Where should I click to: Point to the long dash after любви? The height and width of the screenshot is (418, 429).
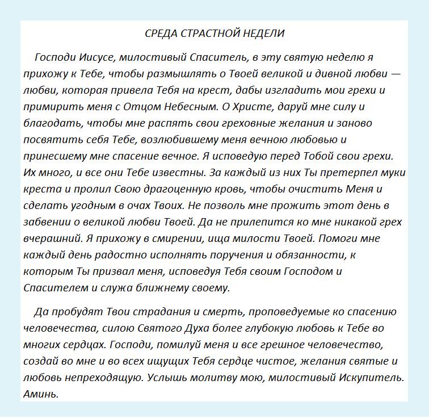tap(396, 74)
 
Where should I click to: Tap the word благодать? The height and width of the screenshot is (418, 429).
tap(47, 123)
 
